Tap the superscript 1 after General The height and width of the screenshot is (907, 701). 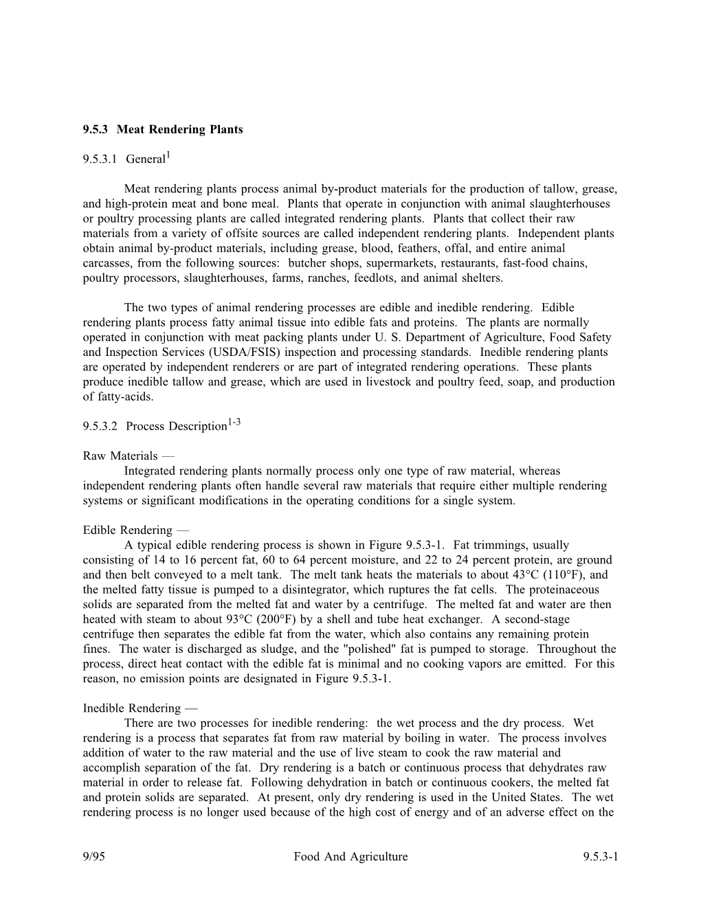click(x=168, y=157)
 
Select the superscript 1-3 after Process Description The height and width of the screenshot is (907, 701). click(x=234, y=423)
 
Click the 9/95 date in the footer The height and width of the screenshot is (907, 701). click(x=94, y=857)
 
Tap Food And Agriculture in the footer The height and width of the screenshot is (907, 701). click(x=350, y=857)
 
